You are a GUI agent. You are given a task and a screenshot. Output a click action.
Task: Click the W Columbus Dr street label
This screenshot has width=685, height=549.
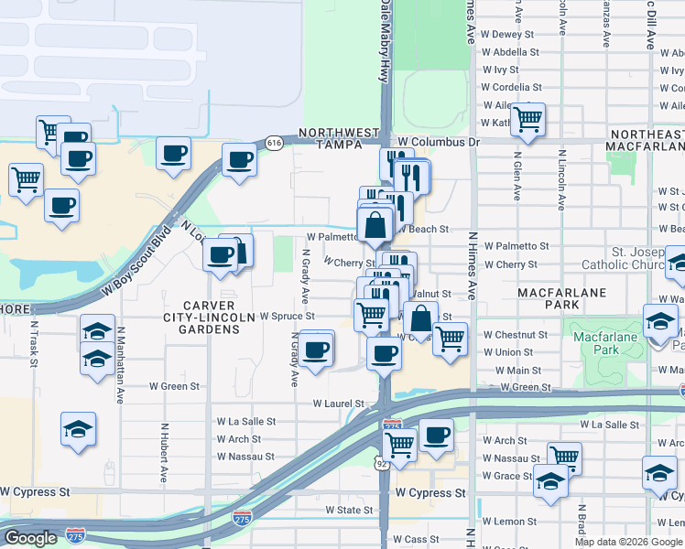click(439, 143)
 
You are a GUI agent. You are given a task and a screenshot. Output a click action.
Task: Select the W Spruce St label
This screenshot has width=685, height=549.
click(288, 317)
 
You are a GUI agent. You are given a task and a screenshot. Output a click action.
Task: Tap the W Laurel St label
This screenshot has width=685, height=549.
click(338, 403)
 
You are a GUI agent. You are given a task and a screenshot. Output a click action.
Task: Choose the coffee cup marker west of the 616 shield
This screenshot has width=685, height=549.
click(240, 160)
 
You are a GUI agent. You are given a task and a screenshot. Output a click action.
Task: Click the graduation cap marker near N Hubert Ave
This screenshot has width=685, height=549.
click(79, 427)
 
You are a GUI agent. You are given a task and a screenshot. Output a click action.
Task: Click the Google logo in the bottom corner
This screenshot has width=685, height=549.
click(29, 538)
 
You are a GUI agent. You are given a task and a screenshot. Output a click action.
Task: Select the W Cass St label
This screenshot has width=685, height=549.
click(418, 540)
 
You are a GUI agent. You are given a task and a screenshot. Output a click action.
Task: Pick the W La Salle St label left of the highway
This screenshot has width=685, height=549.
click(245, 422)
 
